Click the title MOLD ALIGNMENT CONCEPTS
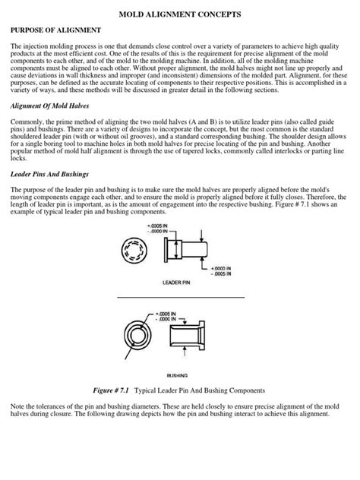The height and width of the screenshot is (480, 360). [x=179, y=14]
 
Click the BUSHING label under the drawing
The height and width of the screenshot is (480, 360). [x=177, y=374]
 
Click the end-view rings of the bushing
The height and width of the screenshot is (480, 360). [x=140, y=335]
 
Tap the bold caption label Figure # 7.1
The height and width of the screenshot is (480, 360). [x=113, y=390]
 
